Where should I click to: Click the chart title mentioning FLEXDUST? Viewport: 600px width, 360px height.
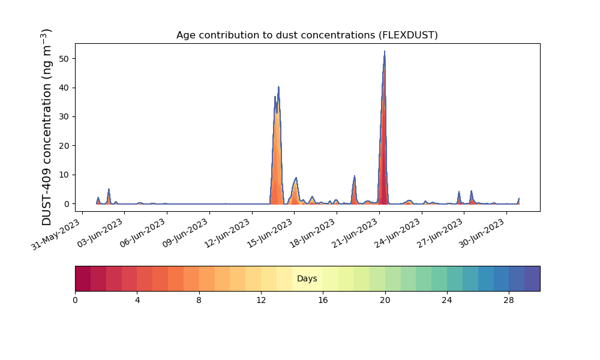tap(307, 35)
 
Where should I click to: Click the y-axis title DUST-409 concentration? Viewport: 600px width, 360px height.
tap(46, 127)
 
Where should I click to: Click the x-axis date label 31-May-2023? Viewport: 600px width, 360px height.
tap(55, 234)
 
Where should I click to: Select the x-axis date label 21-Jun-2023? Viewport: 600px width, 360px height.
tap(353, 233)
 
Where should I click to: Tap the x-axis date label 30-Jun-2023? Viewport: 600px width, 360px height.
tap(481, 233)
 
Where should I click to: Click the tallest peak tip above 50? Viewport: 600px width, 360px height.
tap(385, 51)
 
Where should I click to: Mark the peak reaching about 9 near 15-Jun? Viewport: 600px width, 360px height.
tap(296, 178)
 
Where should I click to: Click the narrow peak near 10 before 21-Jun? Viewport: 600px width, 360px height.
tap(355, 176)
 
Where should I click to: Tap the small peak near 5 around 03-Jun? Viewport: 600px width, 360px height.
tap(109, 189)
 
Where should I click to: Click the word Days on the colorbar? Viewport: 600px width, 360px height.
tap(307, 278)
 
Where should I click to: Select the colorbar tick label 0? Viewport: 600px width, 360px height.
tap(76, 301)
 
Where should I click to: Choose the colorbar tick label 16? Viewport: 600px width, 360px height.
tap(323, 301)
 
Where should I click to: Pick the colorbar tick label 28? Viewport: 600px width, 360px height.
tap(509, 301)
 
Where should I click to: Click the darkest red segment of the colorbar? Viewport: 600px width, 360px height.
tap(83, 278)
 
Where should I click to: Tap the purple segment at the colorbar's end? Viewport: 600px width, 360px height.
tap(532, 278)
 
